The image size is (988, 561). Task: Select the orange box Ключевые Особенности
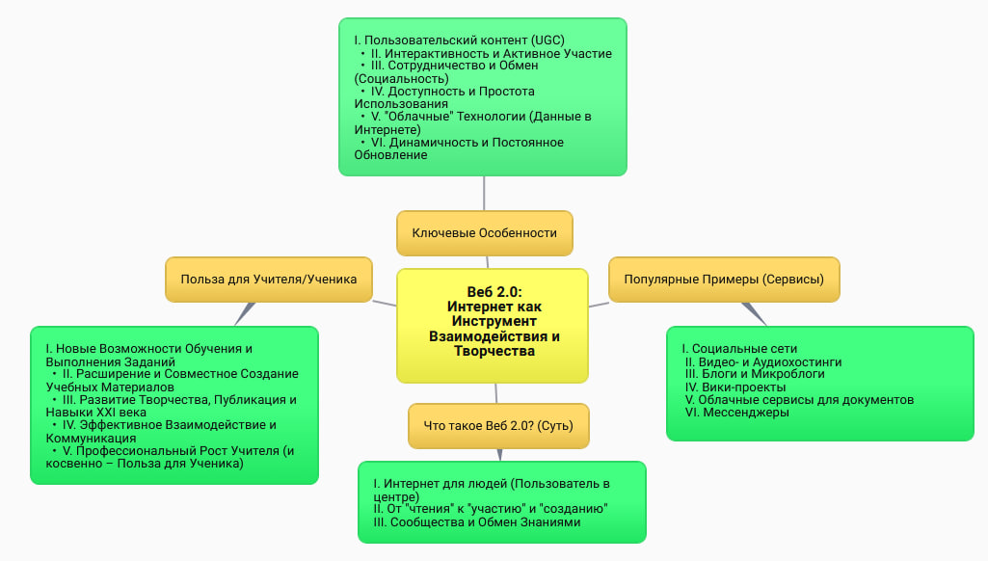pos(485,232)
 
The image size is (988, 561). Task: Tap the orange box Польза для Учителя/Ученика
pos(269,279)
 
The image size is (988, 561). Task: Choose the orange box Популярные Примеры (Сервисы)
pos(724,280)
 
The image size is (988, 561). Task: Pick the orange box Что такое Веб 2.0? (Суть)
pos(498,425)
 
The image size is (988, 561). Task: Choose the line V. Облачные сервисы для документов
pos(799,399)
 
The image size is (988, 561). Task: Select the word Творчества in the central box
pos(494,351)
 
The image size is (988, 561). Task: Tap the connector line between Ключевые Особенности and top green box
pos(484,193)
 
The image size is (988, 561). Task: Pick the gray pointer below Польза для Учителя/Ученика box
pos(245,312)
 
